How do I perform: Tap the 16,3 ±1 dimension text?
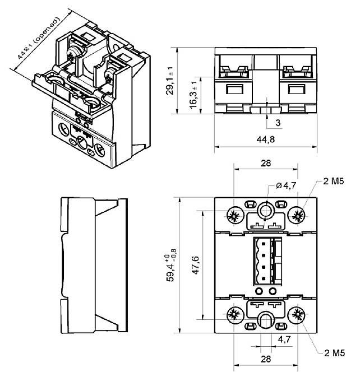(194, 93)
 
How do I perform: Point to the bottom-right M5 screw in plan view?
(297, 315)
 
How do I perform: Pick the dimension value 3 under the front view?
(278, 122)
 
